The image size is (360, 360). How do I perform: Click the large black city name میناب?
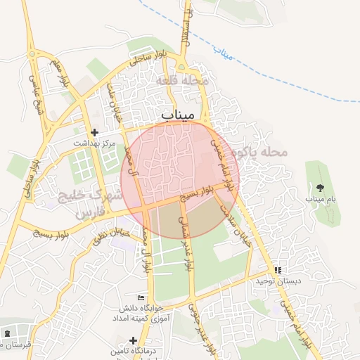[x=181, y=114]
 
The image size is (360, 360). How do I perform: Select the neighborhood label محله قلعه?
[x=185, y=81]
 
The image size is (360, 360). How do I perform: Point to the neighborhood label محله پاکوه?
[x=264, y=152]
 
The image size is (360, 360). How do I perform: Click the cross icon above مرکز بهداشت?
[x=95, y=132]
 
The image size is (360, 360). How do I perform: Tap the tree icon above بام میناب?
[x=320, y=188]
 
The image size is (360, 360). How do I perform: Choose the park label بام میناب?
[x=320, y=200]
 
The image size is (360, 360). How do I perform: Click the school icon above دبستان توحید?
[x=277, y=270]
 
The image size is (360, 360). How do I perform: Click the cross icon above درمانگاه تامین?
[x=133, y=340]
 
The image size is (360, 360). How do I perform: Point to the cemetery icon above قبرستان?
[x=7, y=333]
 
